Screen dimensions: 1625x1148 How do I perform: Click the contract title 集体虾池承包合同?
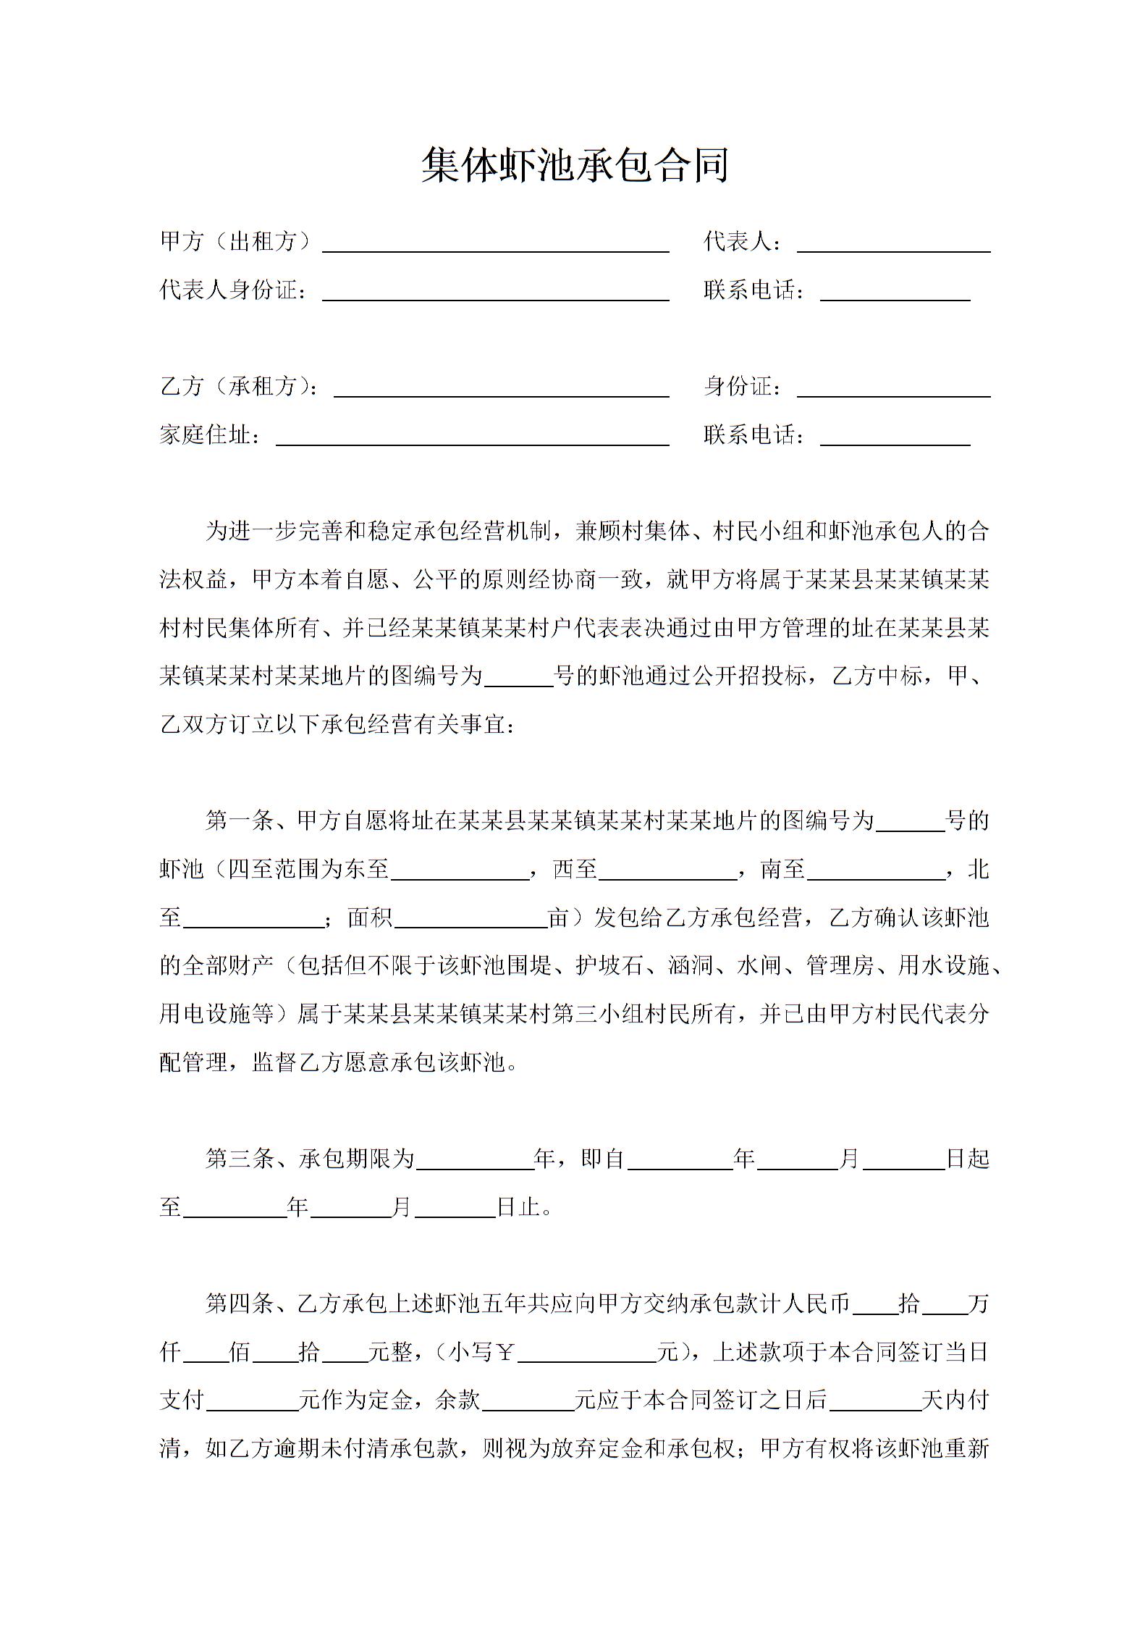coord(574,166)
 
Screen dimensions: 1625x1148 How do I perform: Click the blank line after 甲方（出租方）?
coord(495,243)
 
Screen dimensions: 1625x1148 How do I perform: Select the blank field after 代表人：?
coord(893,243)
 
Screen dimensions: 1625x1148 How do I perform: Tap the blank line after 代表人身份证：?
coord(495,291)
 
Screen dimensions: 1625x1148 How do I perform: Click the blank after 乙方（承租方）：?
coord(501,387)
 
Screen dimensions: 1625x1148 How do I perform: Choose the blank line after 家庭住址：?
coord(472,436)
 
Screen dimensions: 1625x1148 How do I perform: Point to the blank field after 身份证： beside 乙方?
coord(893,387)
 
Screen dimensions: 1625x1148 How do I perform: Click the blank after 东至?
coord(460,870)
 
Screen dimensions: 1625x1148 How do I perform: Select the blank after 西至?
coord(667,870)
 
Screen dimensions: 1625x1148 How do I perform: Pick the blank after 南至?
coord(876,870)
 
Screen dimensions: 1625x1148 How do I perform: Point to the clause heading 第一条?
coord(240,821)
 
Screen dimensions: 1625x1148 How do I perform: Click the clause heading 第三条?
coord(240,1159)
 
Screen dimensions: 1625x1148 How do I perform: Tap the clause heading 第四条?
coord(240,1304)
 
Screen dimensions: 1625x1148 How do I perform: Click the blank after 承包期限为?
coord(474,1160)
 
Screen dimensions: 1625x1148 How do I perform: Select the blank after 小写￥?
coord(586,1353)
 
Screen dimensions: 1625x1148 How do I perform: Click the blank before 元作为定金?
coord(253,1401)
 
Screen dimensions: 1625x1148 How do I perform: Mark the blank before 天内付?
coord(874,1401)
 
